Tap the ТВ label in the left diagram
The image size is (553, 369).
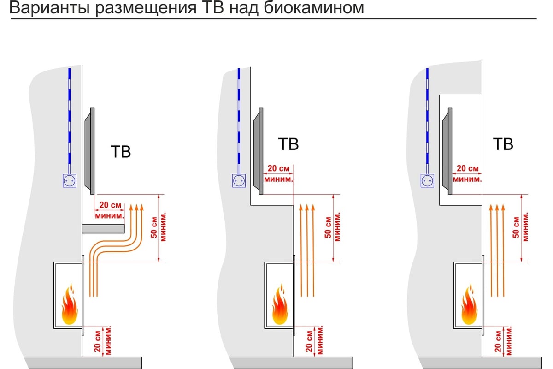click(121, 152)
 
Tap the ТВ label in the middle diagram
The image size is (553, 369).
click(288, 144)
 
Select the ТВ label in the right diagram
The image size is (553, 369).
click(503, 144)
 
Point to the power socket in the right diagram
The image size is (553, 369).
click(427, 180)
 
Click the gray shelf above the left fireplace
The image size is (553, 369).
click(104, 228)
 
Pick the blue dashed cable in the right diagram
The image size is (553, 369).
click(427, 120)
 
